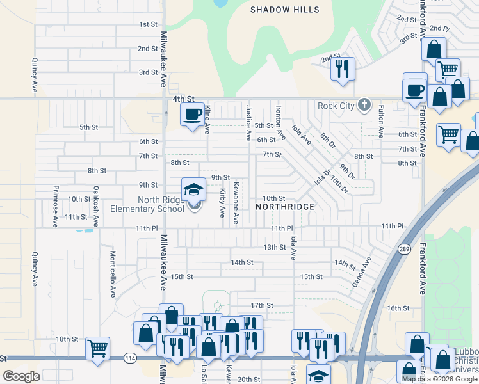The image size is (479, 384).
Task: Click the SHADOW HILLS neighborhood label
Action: (284, 10)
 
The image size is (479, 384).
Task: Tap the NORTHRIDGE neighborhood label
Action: (285, 207)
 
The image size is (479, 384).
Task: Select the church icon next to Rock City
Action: (364, 104)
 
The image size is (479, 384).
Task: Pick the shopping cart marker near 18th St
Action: (97, 348)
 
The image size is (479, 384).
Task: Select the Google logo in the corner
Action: (22, 376)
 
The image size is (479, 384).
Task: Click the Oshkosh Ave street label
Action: (96, 206)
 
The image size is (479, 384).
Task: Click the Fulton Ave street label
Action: (380, 122)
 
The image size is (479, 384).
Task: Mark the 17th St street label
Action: (261, 306)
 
